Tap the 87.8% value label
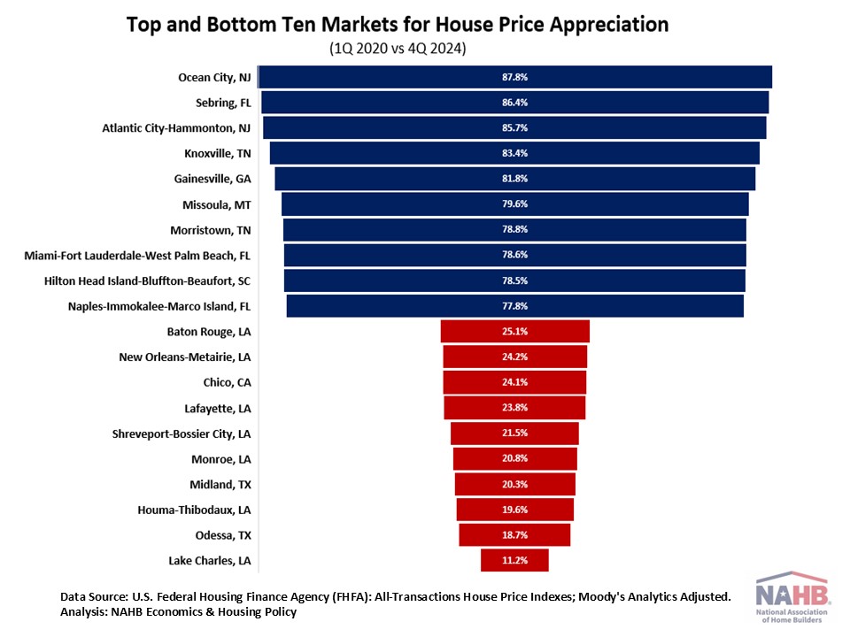tap(514, 77)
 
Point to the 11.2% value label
tap(514, 560)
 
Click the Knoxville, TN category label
tap(218, 153)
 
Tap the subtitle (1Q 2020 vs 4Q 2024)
tap(398, 48)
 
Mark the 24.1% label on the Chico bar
tap(514, 382)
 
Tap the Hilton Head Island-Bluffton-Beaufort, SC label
tap(148, 281)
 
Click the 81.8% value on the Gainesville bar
tap(514, 179)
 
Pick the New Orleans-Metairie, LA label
tap(185, 357)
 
